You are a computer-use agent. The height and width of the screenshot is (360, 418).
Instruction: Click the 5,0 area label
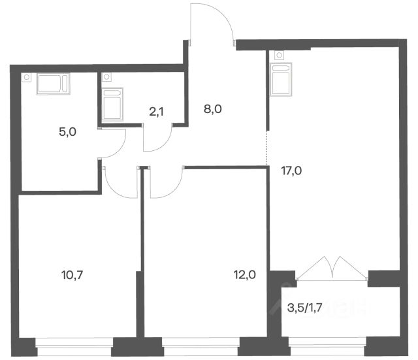(67, 132)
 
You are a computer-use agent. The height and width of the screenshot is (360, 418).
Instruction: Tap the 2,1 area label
(157, 112)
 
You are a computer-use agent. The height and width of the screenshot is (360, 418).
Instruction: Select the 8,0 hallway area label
(213, 109)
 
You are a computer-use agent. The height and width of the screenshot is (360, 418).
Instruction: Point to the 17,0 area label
(291, 171)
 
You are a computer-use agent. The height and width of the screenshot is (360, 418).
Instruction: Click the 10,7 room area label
(72, 274)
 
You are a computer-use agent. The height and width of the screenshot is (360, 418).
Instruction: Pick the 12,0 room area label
(244, 274)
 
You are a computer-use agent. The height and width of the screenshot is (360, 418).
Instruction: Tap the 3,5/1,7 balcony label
(305, 308)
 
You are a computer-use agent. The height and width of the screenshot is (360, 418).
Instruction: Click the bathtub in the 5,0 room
(54, 84)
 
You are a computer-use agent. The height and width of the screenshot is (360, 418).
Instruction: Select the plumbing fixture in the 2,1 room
(112, 104)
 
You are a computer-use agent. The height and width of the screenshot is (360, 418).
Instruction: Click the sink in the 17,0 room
(280, 79)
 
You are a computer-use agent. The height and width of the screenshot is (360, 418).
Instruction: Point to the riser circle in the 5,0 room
(26, 77)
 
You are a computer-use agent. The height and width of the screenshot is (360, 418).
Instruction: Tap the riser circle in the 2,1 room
(106, 77)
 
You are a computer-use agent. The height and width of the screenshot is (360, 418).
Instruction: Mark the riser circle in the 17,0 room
(279, 55)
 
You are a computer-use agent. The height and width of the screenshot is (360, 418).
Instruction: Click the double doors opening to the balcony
(332, 268)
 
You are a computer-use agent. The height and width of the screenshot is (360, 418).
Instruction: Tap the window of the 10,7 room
(74, 347)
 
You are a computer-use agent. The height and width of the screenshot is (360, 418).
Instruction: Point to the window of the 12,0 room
(201, 347)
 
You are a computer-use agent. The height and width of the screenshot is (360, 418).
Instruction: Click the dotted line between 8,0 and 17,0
(267, 148)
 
